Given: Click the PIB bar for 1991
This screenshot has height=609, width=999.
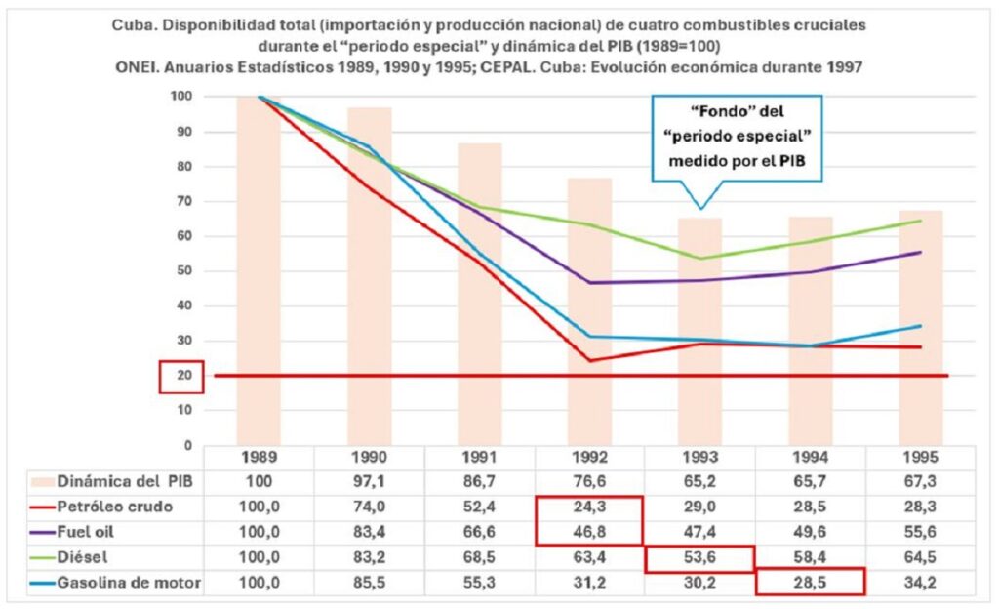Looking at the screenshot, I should tap(480, 293).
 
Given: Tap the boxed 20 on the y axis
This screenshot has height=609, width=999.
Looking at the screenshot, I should tap(180, 377).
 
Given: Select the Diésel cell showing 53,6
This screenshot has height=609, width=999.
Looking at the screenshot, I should tap(699, 558).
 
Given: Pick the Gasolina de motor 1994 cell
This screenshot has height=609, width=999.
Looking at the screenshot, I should tap(810, 582).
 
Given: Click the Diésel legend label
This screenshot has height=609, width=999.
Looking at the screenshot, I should tap(82, 558).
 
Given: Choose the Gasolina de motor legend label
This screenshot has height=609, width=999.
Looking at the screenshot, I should tap(128, 582).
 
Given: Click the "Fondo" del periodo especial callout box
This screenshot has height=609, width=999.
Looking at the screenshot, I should tap(738, 139).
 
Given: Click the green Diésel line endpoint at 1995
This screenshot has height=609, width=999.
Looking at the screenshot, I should tap(921, 221).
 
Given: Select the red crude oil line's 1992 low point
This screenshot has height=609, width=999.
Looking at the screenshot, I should tap(590, 360).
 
